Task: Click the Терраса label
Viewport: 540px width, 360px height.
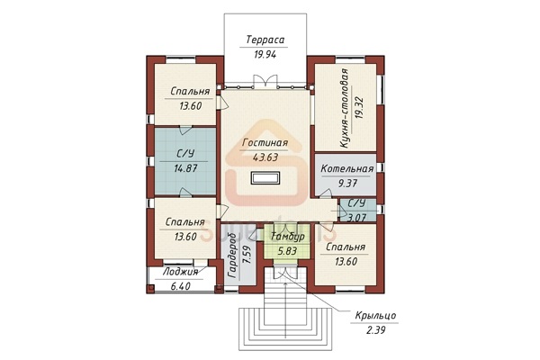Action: [x=265, y=40]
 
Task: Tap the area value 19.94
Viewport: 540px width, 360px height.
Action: [x=265, y=54]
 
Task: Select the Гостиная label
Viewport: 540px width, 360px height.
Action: [x=265, y=142]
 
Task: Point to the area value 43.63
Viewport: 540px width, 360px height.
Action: [x=265, y=157]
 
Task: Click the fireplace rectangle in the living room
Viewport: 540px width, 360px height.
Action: [x=265, y=178]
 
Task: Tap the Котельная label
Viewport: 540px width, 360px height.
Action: [x=346, y=169]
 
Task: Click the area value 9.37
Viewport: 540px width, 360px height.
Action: [x=347, y=184]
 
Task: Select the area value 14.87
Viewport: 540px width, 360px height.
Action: [x=185, y=168]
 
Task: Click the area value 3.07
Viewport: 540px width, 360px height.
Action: [x=356, y=218]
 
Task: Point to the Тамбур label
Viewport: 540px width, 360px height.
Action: [x=288, y=237]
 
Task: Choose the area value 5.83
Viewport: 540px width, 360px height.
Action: [x=288, y=251]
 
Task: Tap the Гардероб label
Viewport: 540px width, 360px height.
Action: [x=233, y=256]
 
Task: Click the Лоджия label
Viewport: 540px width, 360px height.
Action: [x=181, y=272]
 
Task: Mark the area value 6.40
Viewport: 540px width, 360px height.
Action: [x=181, y=286]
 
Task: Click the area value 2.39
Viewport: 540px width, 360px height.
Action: [x=375, y=330]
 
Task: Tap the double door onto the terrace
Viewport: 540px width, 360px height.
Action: [x=265, y=81]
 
